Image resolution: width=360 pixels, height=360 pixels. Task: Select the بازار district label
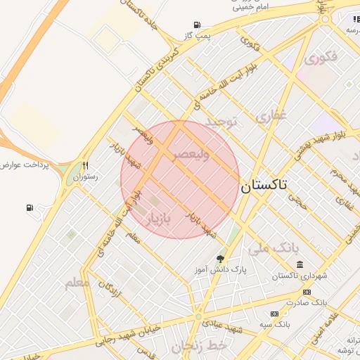pyautogui.click(x=158, y=221)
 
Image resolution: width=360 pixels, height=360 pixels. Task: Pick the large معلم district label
pyautogui.click(x=78, y=283)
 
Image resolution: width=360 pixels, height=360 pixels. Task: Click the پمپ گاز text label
pyautogui.click(x=198, y=34)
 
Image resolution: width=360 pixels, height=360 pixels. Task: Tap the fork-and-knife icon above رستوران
pyautogui.click(x=85, y=167)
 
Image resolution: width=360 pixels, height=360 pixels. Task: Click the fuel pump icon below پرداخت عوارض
pyautogui.click(x=29, y=207)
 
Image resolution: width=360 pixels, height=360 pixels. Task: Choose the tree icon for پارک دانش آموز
pyautogui.click(x=221, y=259)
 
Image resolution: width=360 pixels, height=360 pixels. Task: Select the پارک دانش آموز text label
pyautogui.click(x=221, y=270)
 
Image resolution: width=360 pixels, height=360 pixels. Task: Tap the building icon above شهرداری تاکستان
pyautogui.click(x=300, y=264)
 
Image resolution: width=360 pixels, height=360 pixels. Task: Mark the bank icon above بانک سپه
pyautogui.click(x=274, y=314)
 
